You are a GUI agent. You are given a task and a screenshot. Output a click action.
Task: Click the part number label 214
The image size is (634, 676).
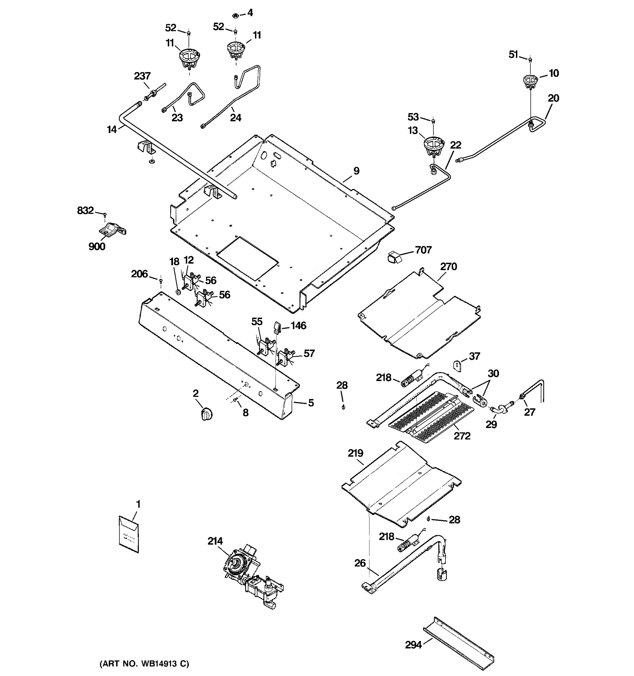pyautogui.click(x=215, y=541)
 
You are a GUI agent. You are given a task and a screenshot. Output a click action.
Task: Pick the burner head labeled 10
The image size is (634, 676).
pyautogui.click(x=530, y=82)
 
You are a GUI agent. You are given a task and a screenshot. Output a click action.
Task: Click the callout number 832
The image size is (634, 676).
pyautogui.click(x=85, y=210)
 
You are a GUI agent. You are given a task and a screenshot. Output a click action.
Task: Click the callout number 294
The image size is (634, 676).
pyautogui.click(x=413, y=645)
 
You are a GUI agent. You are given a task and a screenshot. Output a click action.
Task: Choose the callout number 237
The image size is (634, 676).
pyautogui.click(x=142, y=76)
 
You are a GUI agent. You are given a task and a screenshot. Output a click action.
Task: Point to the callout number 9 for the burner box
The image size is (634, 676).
pyautogui.click(x=356, y=171)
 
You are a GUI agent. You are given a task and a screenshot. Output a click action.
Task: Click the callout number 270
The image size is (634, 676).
pyautogui.click(x=448, y=266)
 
